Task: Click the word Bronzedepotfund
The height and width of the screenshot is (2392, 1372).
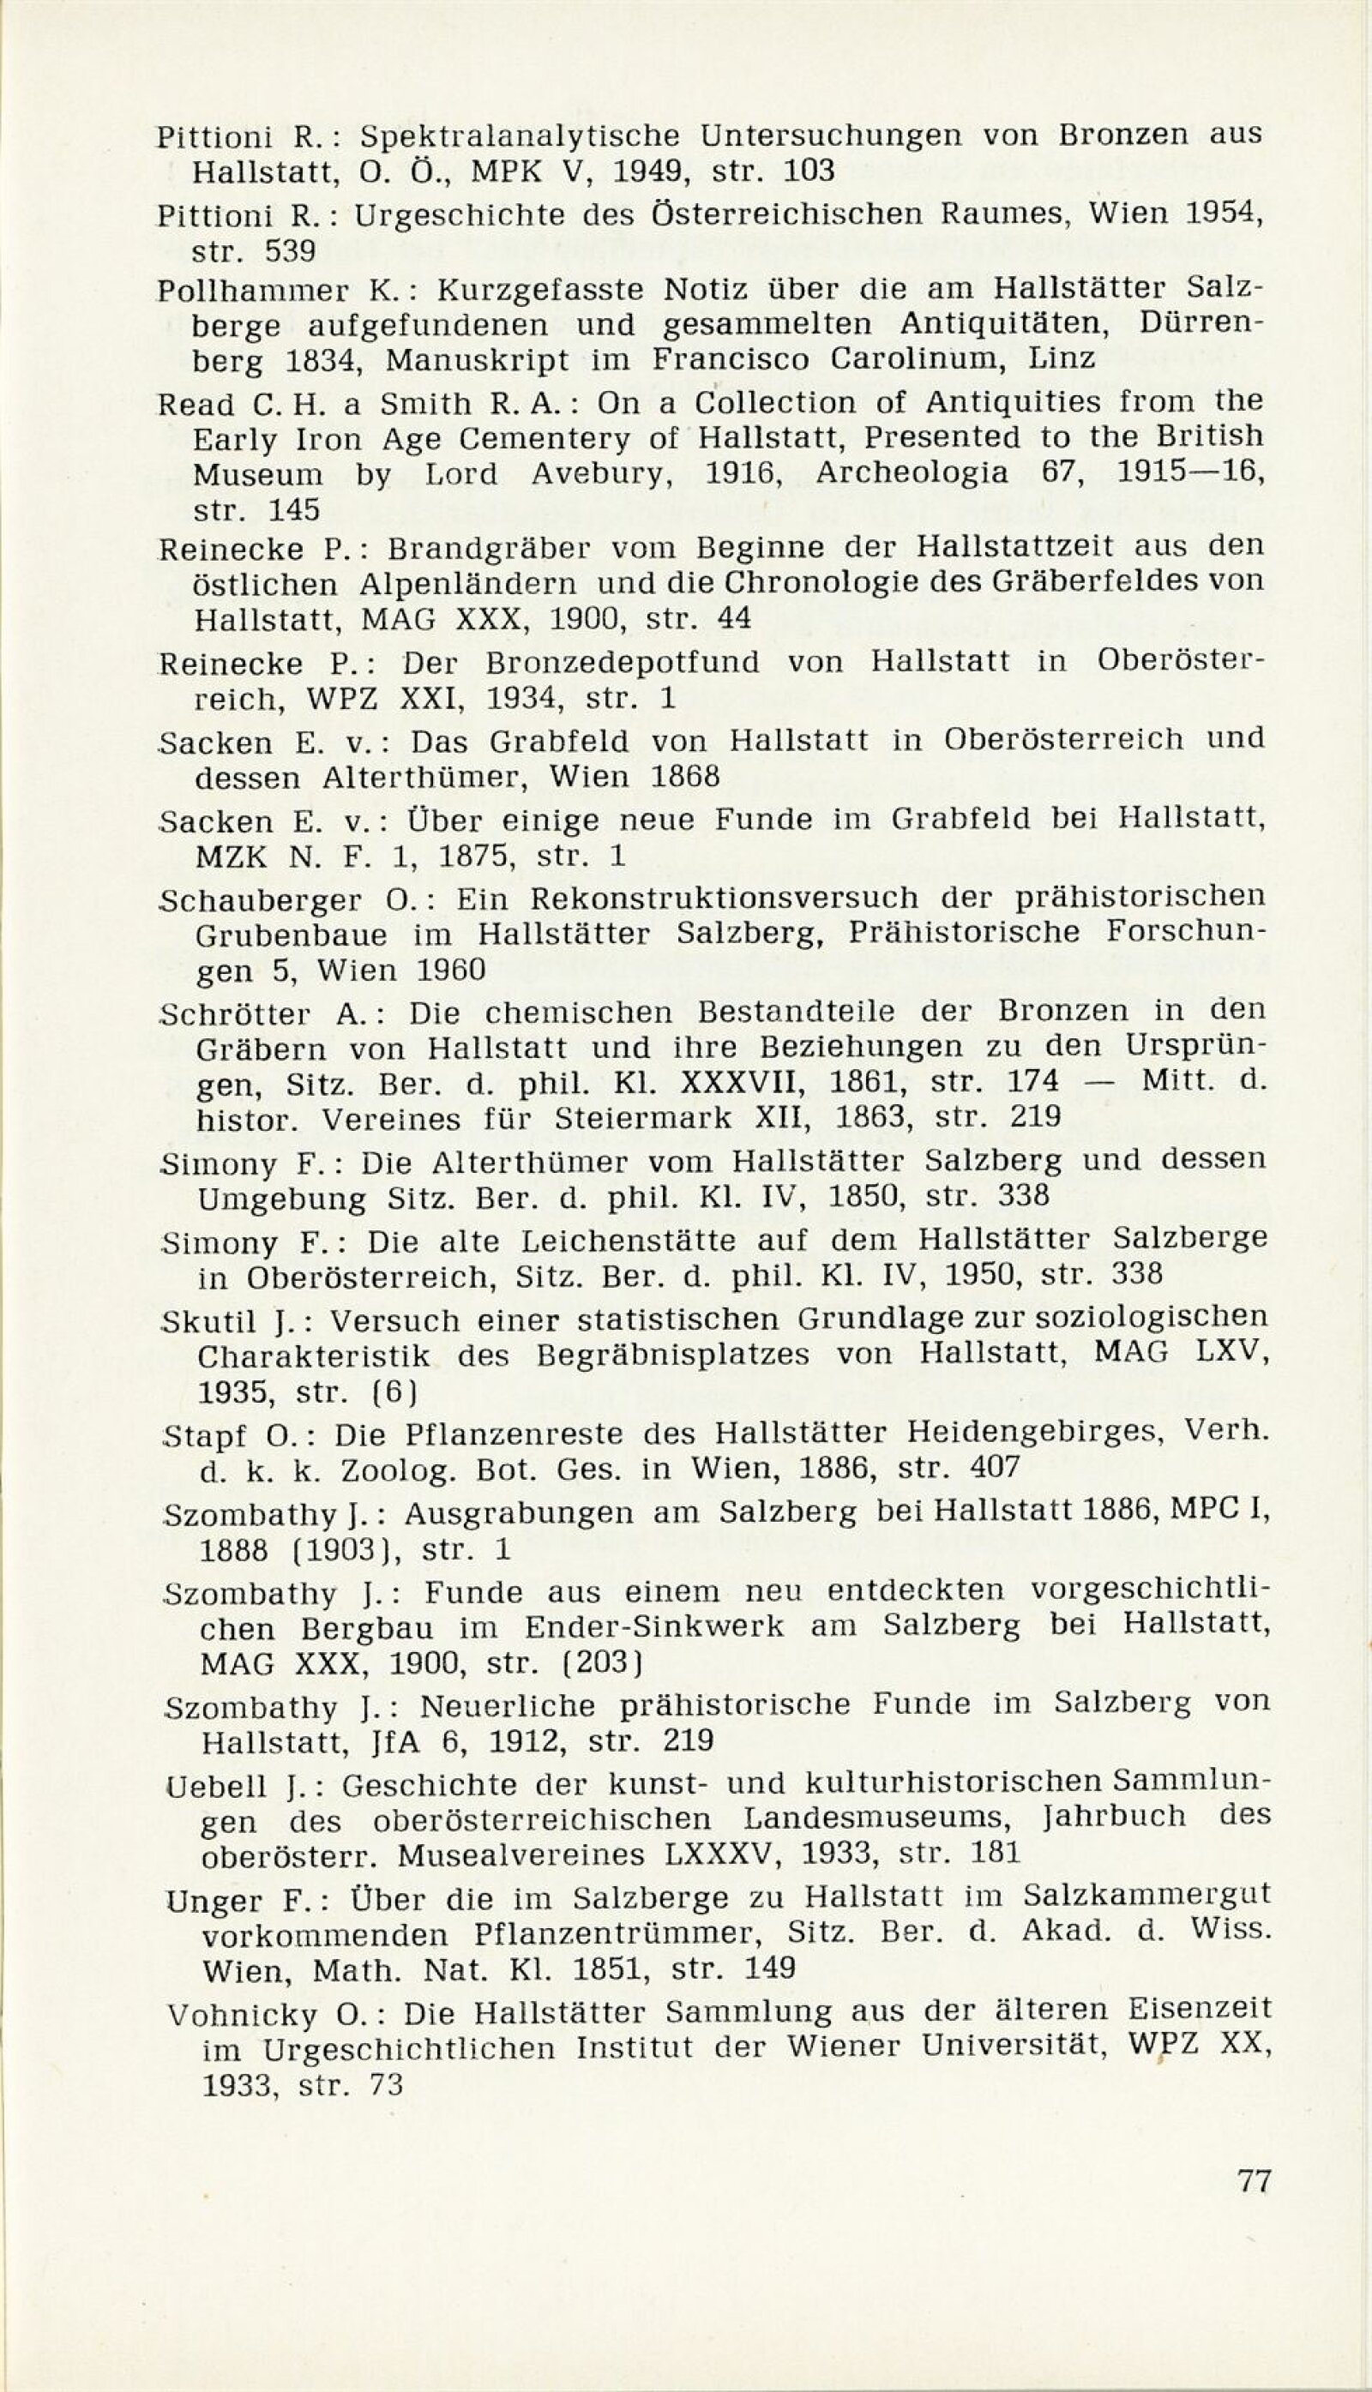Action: [623, 664]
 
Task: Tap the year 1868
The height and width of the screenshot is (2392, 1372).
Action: [685, 778]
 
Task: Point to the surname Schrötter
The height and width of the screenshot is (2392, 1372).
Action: [235, 1014]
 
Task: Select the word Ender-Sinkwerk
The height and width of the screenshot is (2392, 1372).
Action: [654, 1628]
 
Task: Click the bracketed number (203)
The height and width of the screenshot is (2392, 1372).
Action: [601, 1662]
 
